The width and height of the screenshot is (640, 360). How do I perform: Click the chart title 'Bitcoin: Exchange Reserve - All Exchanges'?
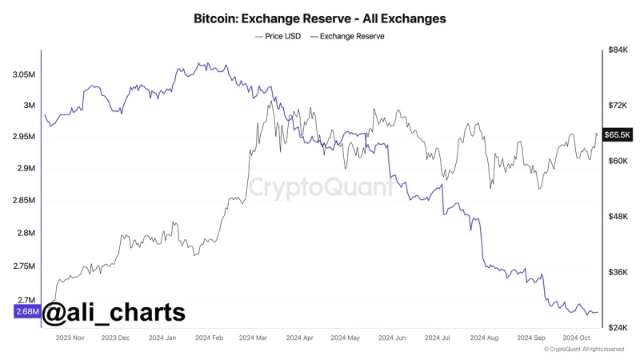tap(320, 17)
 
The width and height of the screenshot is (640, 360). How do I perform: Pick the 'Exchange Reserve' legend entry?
tap(347, 37)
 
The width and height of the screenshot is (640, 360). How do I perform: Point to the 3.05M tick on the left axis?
tap(24, 74)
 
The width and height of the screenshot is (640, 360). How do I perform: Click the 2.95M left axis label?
tap(24, 137)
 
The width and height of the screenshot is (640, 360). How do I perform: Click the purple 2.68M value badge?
tap(26, 312)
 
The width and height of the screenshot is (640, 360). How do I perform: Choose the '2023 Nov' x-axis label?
tap(70, 338)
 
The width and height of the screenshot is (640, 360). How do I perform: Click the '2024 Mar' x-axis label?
tap(254, 338)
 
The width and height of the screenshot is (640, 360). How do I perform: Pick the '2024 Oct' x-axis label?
tap(576, 338)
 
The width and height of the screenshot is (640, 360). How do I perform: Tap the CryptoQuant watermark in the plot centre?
tap(320, 187)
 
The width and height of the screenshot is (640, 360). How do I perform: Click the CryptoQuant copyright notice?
tap(583, 350)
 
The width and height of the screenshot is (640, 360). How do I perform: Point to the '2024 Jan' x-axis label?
tap(162, 338)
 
